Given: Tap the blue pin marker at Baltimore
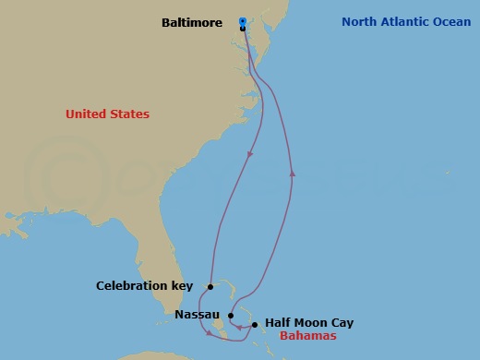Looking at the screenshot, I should pyautogui.click(x=242, y=20).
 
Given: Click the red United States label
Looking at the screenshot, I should pyautogui.click(x=107, y=114).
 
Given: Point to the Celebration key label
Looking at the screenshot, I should pyautogui.click(x=144, y=286).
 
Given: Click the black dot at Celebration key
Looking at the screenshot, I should pyautogui.click(x=210, y=287).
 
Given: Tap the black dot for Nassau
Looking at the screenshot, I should pyautogui.click(x=232, y=316).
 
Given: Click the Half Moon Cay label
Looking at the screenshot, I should pyautogui.click(x=309, y=323).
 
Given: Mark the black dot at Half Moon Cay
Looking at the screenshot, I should pyautogui.click(x=255, y=325).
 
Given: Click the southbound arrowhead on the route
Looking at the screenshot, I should pyautogui.click(x=249, y=155).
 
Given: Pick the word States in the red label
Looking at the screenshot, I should pyautogui.click(x=128, y=114).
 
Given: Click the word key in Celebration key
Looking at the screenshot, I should pyautogui.click(x=181, y=286).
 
